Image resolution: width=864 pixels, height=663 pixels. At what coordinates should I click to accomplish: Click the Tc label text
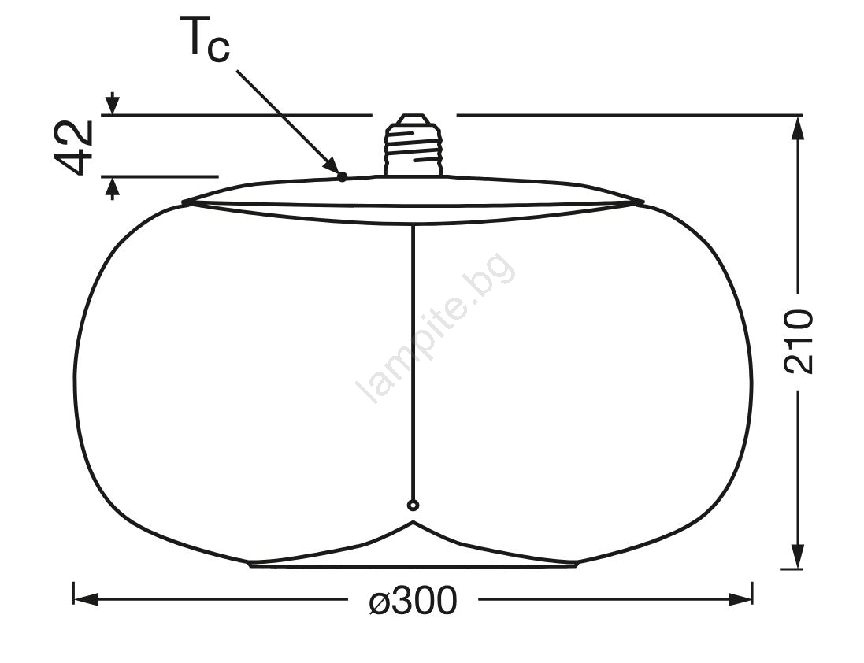(x=205, y=38)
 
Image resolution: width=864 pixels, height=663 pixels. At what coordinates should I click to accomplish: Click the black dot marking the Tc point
(x=342, y=176)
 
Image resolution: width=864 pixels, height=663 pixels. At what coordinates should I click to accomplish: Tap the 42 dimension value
(x=73, y=147)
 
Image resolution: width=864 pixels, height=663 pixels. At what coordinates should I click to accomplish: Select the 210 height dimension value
(x=798, y=342)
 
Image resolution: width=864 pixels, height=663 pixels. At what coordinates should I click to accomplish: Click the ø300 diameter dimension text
(x=413, y=600)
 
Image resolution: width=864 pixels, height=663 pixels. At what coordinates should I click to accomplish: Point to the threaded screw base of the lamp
(x=413, y=145)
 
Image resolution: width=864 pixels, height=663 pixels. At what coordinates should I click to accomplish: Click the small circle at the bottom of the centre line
(x=413, y=505)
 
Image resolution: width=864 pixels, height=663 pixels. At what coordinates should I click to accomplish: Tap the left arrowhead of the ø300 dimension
(x=86, y=600)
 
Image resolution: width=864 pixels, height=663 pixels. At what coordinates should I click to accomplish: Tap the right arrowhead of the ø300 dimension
(x=740, y=600)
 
